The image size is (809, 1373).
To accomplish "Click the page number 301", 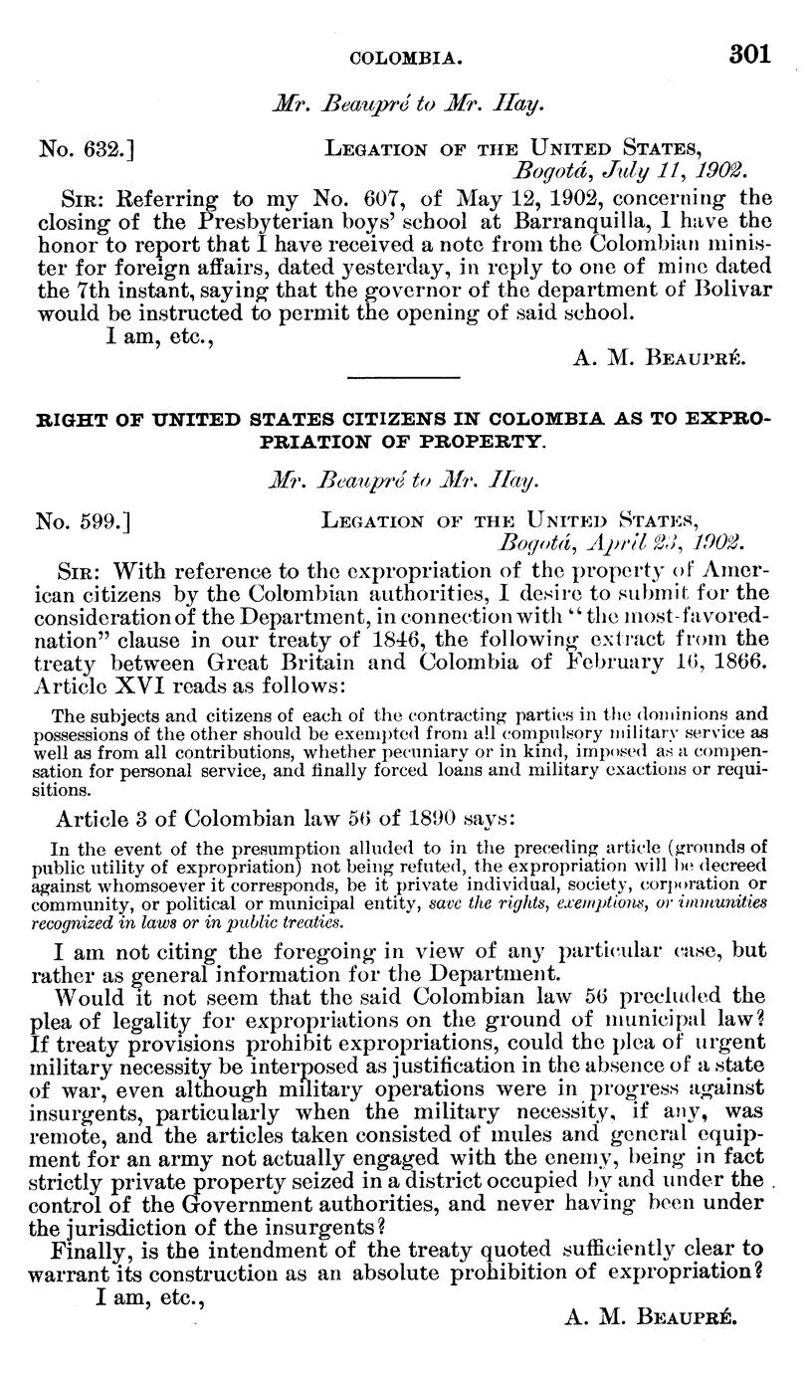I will [x=748, y=55].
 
